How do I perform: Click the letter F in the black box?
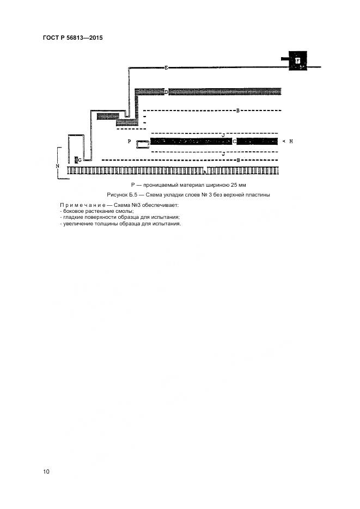tap(298, 61)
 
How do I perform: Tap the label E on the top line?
tap(166, 68)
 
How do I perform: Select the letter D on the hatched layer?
tap(166, 92)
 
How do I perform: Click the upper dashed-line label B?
tap(238, 111)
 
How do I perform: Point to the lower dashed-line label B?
tap(238, 160)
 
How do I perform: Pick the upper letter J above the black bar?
tap(223, 134)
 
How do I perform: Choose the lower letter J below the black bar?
tap(223, 154)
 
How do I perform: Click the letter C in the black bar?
tap(234, 142)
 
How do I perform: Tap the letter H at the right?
tap(291, 142)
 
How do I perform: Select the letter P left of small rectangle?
tap(129, 142)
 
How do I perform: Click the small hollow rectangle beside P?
tap(142, 144)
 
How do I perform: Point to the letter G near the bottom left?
tap(78, 160)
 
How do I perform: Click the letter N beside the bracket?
tap(57, 165)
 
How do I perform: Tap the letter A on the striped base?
tap(204, 172)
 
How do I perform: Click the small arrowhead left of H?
tap(283, 142)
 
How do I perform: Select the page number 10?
tap(46, 471)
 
